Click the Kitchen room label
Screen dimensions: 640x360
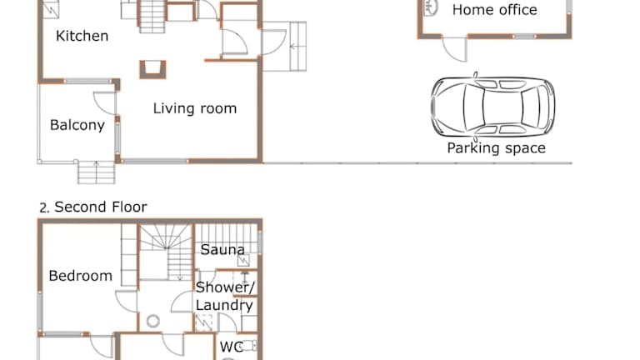click(82, 36)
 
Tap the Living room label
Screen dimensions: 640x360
click(195, 108)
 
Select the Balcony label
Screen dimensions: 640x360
click(77, 125)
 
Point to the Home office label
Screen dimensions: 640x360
click(495, 10)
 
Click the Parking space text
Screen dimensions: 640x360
click(497, 147)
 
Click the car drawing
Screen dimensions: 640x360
click(493, 107)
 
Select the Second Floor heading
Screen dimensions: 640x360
click(93, 207)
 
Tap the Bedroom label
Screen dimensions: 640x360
click(80, 276)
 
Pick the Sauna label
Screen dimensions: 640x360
click(222, 249)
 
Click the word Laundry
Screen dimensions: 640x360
click(224, 305)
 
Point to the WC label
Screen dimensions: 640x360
click(232, 347)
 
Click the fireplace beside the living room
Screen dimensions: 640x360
click(153, 69)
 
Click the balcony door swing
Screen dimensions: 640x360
click(105, 102)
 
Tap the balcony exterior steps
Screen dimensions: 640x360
click(97, 172)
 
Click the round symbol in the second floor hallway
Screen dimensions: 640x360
click(153, 321)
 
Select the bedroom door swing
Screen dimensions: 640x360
click(126, 302)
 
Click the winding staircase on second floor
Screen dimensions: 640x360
click(166, 252)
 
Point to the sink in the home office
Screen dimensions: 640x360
click(431, 7)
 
